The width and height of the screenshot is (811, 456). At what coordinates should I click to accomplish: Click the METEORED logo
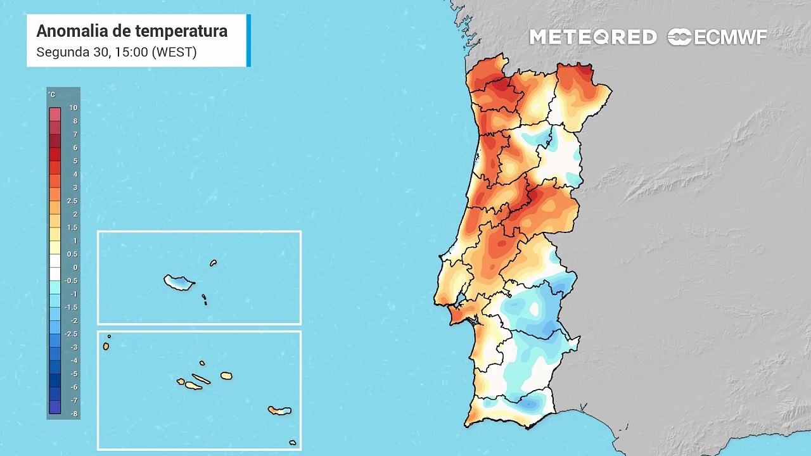(592, 37)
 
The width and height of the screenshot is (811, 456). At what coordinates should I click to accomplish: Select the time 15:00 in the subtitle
(131, 52)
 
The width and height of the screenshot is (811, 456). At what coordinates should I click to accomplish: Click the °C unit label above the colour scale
(52, 95)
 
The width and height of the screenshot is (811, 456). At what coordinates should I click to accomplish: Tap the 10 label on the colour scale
(73, 108)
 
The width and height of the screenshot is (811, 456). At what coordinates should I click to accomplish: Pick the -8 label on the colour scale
(73, 414)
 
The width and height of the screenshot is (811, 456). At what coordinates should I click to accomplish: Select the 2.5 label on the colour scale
(72, 201)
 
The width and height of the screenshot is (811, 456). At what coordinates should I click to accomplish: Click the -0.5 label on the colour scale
(72, 281)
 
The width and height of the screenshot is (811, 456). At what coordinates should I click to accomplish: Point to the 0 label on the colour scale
(74, 267)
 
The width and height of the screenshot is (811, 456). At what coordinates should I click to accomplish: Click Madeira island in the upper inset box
(178, 282)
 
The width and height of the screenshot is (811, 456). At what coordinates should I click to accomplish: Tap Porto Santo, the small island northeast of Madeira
(214, 263)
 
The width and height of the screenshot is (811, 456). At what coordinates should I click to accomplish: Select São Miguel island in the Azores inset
(279, 410)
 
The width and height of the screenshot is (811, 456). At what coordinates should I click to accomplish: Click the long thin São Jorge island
(201, 379)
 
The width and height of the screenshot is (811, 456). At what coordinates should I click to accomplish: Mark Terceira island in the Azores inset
(226, 376)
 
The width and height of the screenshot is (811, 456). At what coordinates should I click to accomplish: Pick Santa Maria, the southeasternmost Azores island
(292, 442)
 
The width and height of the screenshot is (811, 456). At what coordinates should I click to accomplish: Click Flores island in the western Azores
(106, 346)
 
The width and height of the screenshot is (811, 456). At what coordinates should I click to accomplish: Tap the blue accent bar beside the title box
(248, 41)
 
